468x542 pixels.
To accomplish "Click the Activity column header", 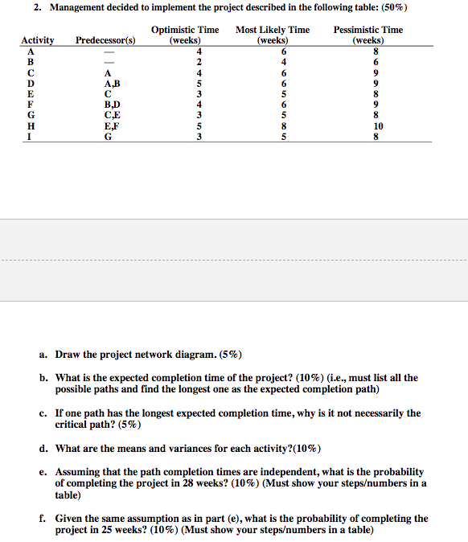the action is point(38,40).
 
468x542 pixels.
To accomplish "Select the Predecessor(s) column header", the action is point(105,40).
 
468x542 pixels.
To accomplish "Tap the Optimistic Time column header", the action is point(185,35).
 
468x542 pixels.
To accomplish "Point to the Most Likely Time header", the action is point(273,35).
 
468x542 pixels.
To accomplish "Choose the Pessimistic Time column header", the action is point(368,35).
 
